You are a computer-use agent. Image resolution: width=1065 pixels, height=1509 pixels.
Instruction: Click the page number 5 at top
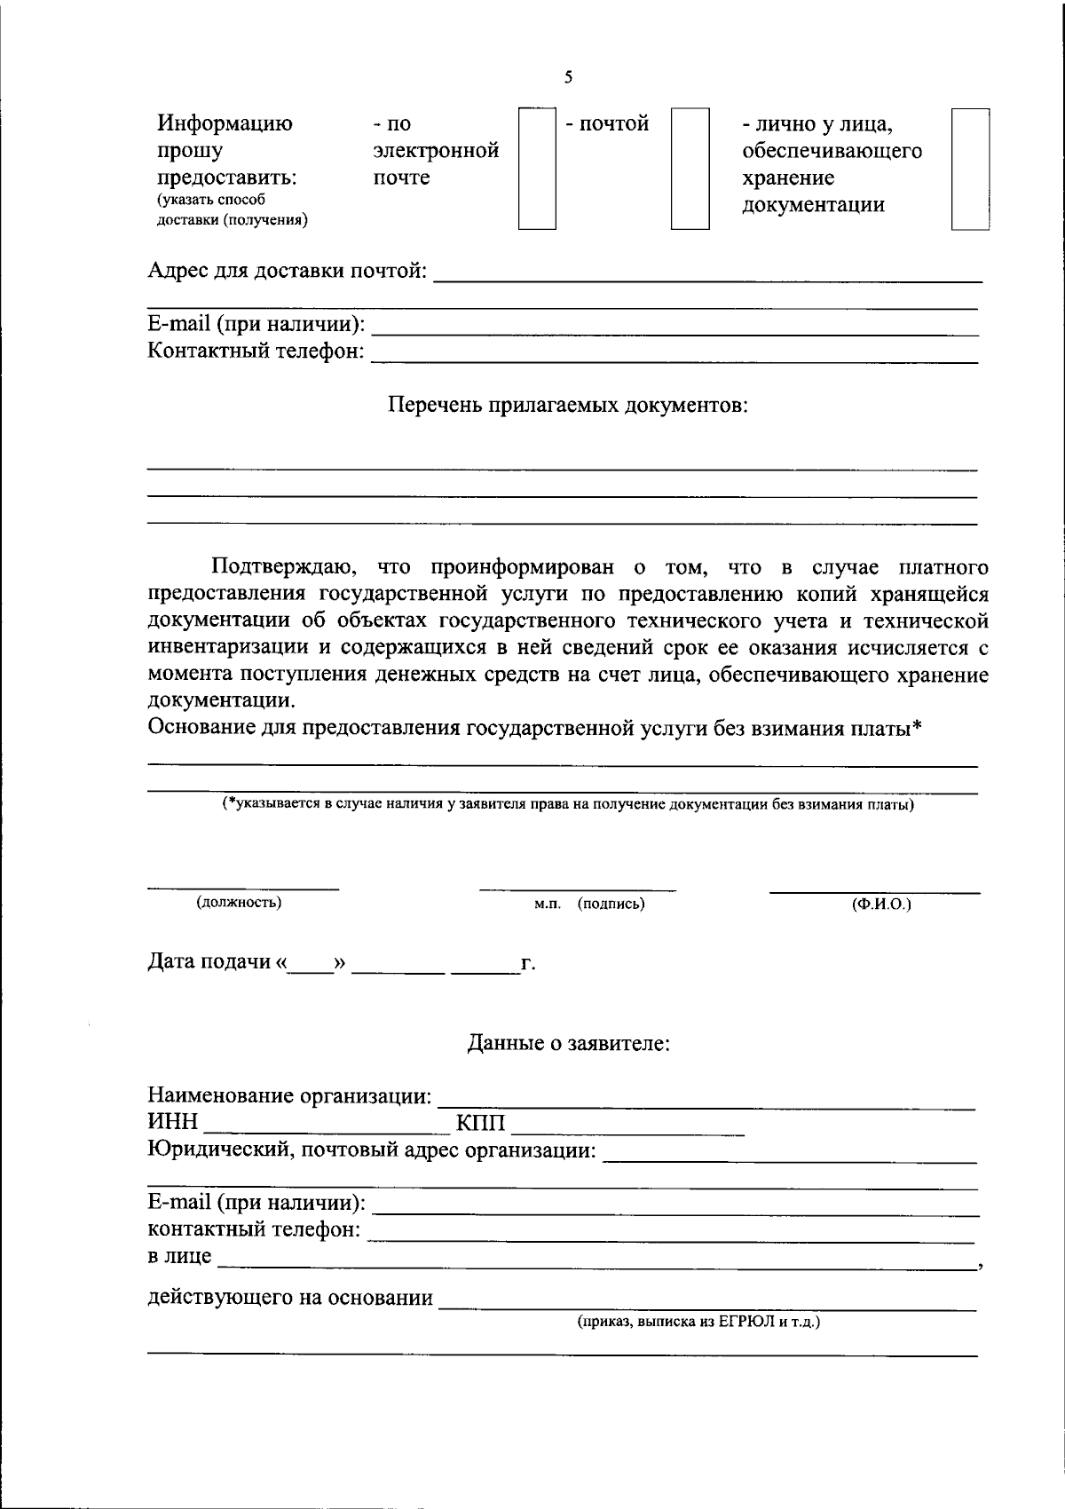[568, 77]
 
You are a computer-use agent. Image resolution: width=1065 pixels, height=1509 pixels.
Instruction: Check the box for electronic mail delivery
[537, 169]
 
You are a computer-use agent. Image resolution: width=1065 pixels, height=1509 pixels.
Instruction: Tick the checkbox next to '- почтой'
[690, 169]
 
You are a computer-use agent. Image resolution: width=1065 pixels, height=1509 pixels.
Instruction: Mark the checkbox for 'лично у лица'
[970, 169]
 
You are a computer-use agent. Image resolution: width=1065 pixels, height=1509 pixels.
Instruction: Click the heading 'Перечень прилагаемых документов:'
[568, 407]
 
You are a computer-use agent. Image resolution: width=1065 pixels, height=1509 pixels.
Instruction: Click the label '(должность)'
[240, 903]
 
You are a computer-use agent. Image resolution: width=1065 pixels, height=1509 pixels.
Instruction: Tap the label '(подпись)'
[611, 904]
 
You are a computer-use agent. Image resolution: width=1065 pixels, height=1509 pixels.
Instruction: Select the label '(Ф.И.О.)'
[880, 904]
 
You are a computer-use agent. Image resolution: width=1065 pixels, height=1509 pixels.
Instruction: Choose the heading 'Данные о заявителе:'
[568, 1044]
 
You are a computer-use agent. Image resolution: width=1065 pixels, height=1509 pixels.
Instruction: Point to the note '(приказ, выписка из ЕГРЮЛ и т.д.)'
[698, 1323]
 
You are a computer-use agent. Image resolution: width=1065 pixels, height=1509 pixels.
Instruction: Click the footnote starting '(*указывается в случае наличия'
[568, 805]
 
